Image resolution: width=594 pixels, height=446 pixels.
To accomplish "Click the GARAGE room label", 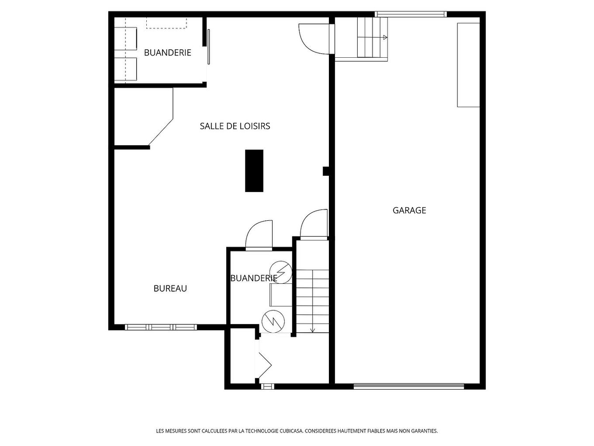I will click(409, 210).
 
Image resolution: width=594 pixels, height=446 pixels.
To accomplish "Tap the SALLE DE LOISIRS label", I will click(235, 126).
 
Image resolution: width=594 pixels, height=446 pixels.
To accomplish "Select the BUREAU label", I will click(170, 289).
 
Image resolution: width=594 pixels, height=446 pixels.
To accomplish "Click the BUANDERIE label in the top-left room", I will click(168, 53).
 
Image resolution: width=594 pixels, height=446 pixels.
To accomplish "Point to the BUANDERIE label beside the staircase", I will click(253, 278).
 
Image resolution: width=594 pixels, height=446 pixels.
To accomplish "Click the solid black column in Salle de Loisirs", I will click(254, 171).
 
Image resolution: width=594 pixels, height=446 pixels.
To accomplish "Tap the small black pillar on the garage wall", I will click(326, 171).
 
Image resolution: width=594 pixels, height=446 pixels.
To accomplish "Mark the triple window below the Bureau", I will click(161, 327).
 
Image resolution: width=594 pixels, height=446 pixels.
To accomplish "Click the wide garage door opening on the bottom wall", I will click(408, 386).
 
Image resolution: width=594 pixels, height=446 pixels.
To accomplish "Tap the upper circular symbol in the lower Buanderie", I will click(280, 272).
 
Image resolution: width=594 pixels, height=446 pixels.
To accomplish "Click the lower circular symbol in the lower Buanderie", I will click(273, 321).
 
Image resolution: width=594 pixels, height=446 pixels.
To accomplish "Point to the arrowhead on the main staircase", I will click(313, 330).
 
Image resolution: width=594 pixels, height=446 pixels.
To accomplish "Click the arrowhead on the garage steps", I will click(385, 38).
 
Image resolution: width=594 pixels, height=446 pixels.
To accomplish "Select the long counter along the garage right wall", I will click(468, 65).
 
